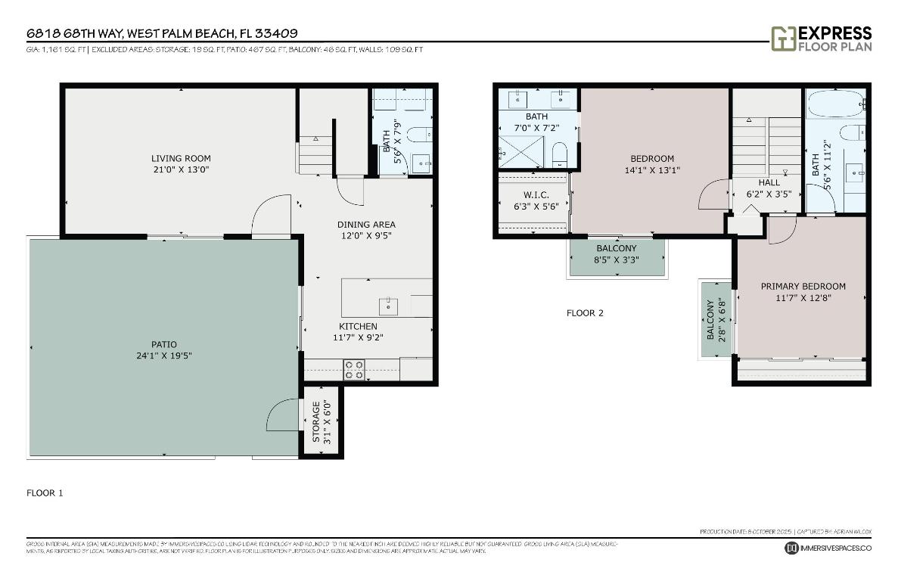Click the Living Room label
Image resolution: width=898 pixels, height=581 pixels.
point(181,158)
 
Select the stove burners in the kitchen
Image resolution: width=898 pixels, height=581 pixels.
point(354,369)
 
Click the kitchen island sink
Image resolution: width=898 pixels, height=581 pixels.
point(388,306)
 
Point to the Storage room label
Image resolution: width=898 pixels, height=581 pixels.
point(317,421)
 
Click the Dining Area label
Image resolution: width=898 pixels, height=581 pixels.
point(366,224)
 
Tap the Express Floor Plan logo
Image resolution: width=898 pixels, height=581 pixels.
point(821,39)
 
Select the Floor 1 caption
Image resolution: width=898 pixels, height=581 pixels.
point(45,492)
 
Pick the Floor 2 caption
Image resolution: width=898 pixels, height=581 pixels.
point(585,312)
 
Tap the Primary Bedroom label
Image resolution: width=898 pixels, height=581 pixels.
point(803,286)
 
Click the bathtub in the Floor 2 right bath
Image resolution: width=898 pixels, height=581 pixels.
point(834,104)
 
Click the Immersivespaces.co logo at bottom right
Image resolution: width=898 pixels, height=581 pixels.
point(828,548)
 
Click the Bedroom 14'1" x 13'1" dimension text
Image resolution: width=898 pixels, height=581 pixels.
point(651,170)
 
